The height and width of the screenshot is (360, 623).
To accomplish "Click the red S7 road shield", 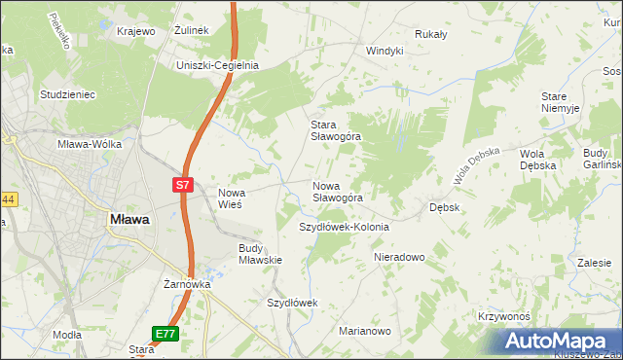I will pos(185,184).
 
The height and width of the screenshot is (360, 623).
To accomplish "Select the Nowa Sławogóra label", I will pos(338,191).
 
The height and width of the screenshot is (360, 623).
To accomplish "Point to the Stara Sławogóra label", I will pos(335,130).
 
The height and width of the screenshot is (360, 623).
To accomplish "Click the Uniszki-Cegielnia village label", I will pos(216,65).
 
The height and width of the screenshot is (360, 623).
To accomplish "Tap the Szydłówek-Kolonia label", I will pos(343,227).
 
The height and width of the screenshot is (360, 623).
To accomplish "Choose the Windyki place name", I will pos(385,51).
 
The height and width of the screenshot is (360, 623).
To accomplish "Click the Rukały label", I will pos(430,34).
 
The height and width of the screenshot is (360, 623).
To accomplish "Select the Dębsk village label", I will pos(445,207).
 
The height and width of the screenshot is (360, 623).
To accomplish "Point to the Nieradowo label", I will pos(400,258).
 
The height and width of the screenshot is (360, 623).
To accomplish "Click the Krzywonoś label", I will pos(503,317).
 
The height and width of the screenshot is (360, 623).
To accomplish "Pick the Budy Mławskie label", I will pos(260,254).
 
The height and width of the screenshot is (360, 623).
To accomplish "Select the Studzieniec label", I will pos(66,94).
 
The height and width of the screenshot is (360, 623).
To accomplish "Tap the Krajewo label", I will pos(136,31).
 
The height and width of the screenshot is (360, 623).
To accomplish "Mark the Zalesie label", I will pos(594,263).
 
